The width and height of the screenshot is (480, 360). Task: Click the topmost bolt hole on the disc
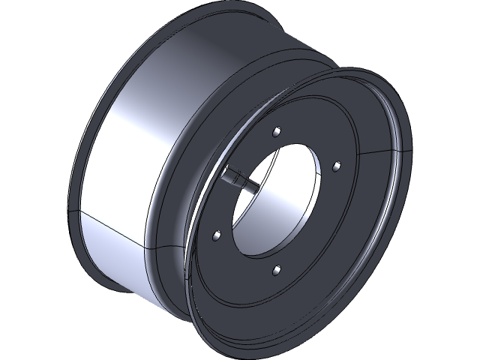[276, 132]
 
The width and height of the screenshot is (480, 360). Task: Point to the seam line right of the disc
[375, 151]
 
